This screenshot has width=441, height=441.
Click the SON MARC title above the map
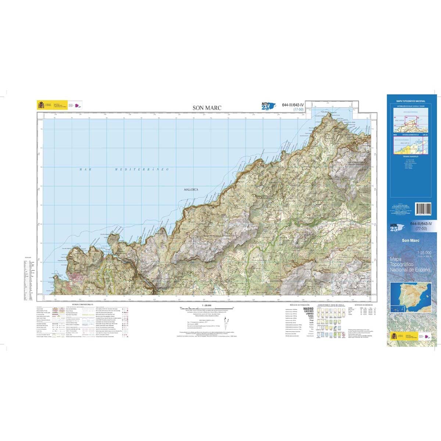(207, 108)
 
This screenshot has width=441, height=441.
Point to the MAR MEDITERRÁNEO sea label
(124, 169)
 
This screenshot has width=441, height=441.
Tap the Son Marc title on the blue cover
(410, 241)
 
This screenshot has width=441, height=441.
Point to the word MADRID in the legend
(308, 309)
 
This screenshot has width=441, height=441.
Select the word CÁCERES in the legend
(309, 312)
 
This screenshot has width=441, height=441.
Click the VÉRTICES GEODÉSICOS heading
(363, 305)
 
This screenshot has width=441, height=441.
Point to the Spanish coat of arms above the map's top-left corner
(40, 105)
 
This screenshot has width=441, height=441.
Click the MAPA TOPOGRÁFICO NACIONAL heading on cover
(410, 101)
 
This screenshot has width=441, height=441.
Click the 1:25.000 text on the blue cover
(424, 252)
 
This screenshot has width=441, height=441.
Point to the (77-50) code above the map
(298, 110)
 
